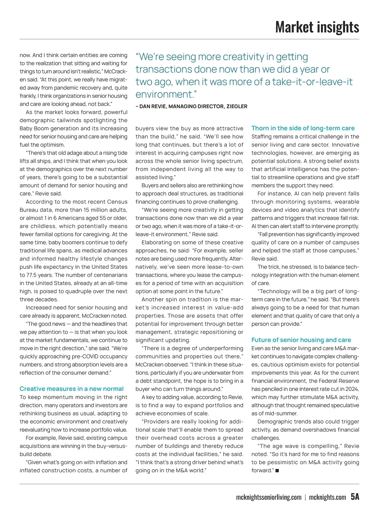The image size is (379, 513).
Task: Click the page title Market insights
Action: (317, 27)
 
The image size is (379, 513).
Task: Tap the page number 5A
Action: (355, 497)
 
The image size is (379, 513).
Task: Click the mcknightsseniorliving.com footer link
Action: (269, 498)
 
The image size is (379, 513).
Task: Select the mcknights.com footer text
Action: (328, 498)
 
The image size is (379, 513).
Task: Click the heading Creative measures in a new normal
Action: (72, 389)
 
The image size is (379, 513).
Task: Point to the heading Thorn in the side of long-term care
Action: (303, 128)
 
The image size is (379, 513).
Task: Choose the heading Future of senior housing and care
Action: (301, 340)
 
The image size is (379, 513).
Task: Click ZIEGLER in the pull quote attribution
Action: (237, 106)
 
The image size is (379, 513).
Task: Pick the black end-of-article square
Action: (277, 471)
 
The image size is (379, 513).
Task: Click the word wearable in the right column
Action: (345, 202)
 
